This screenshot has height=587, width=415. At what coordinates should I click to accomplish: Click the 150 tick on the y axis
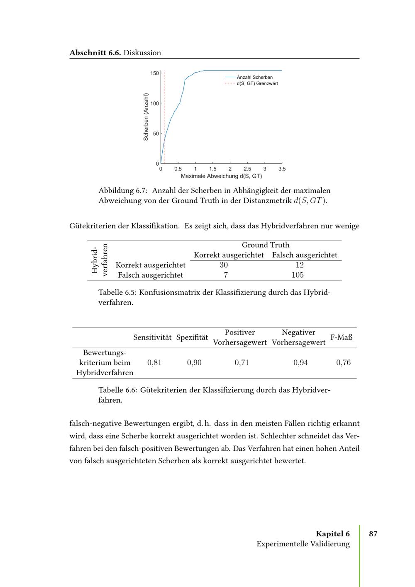154,73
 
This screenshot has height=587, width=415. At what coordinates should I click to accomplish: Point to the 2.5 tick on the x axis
247,169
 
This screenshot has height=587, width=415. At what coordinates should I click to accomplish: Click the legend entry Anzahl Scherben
254,77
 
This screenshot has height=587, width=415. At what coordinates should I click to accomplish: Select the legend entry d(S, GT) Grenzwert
257,83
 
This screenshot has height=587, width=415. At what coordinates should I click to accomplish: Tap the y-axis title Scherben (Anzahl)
146,117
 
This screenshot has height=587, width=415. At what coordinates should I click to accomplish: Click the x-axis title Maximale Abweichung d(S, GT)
221,176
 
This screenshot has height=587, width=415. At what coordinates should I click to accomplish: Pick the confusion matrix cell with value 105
298,275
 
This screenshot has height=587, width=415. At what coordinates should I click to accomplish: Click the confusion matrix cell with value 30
224,265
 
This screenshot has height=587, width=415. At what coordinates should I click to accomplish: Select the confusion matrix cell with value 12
300,265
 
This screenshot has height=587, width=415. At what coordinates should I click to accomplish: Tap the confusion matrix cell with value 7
225,275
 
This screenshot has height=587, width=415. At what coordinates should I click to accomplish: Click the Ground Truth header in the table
266,245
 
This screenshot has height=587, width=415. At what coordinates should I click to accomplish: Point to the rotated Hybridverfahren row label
100,260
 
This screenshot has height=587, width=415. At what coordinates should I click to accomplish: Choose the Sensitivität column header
152,338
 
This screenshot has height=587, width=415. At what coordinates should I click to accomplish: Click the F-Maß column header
341,338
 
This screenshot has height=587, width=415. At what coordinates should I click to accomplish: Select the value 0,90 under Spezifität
194,362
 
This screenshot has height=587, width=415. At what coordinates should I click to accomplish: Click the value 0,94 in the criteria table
300,362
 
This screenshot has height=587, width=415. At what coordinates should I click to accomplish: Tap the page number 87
373,534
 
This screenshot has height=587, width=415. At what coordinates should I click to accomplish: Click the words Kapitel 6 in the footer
333,534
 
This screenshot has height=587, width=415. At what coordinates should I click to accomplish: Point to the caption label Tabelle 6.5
117,292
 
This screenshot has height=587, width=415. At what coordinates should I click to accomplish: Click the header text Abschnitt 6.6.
95,53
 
